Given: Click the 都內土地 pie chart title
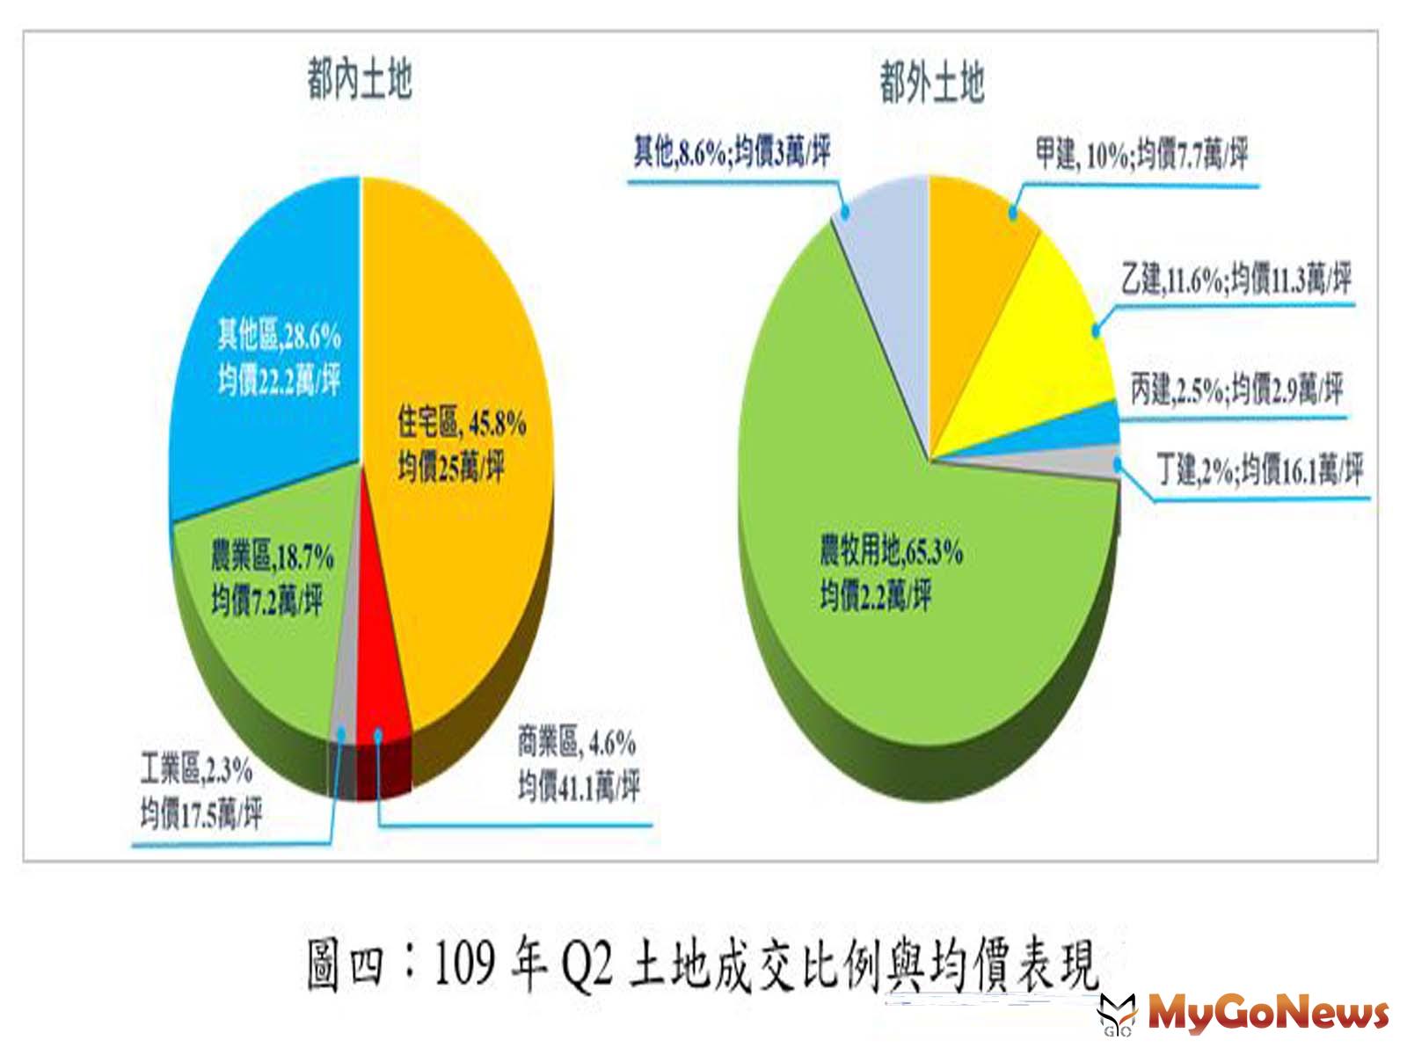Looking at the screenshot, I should pos(360,80).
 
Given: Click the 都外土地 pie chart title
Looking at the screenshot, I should pos(932,84).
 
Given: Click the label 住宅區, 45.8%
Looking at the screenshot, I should pos(462,424).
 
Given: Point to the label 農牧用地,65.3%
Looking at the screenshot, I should pos(891,551).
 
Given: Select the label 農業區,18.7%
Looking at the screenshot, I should pos(272,557).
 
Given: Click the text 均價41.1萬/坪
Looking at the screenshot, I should pos(578,785).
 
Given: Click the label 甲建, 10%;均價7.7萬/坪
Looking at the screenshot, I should pos(1141,156).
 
